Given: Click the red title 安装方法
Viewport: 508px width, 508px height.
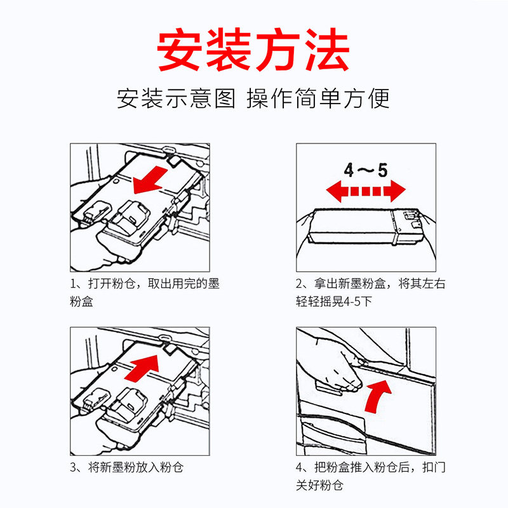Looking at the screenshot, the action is (x=253, y=50).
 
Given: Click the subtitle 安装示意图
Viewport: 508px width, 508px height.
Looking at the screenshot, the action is (x=176, y=98).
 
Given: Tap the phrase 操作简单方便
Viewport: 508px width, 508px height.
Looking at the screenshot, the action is (x=318, y=98).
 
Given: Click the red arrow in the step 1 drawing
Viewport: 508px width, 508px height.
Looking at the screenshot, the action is (x=150, y=181).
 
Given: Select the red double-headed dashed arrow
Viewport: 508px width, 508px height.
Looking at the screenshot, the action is (x=366, y=191).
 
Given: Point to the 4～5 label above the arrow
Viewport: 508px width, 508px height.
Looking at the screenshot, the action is (x=366, y=170).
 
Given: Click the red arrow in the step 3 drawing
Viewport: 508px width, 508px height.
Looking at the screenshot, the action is (x=142, y=368).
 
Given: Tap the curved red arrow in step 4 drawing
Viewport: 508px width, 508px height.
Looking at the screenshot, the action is (x=377, y=397).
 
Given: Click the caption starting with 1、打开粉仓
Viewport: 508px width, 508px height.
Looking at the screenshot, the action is (x=145, y=293).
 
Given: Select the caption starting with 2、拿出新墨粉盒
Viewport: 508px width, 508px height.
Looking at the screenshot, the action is (x=371, y=293).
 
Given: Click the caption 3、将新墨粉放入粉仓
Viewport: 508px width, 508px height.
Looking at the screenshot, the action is (x=126, y=467).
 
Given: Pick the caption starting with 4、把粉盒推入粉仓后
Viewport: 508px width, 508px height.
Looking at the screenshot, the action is (x=371, y=476).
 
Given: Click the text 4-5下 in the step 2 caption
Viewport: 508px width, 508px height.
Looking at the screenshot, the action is (x=358, y=302).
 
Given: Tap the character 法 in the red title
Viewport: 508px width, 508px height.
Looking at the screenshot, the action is (x=326, y=50).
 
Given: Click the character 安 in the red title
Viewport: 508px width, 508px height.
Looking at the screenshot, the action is (x=179, y=50).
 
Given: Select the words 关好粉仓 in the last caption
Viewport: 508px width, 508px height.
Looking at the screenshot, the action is (x=319, y=485).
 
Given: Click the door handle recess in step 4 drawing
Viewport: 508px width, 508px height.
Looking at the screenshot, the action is (x=328, y=387).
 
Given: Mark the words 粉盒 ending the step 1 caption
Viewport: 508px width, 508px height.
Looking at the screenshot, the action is (x=82, y=302).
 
